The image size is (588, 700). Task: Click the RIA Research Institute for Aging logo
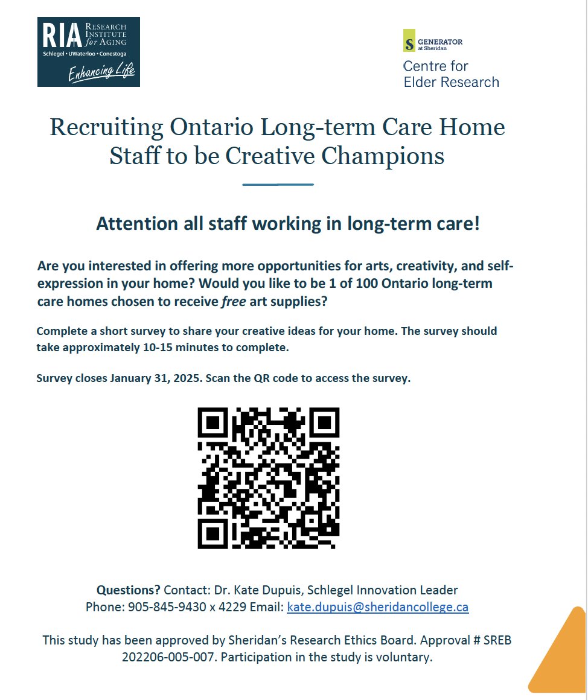point(88,51)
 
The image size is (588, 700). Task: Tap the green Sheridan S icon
point(409,40)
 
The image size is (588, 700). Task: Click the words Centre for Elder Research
point(450,74)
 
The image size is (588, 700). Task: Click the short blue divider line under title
point(278,184)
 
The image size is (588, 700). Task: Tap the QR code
point(268,478)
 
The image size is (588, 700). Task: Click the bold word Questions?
point(129,590)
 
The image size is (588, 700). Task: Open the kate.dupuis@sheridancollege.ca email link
point(377,607)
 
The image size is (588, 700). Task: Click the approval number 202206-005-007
point(168,657)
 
